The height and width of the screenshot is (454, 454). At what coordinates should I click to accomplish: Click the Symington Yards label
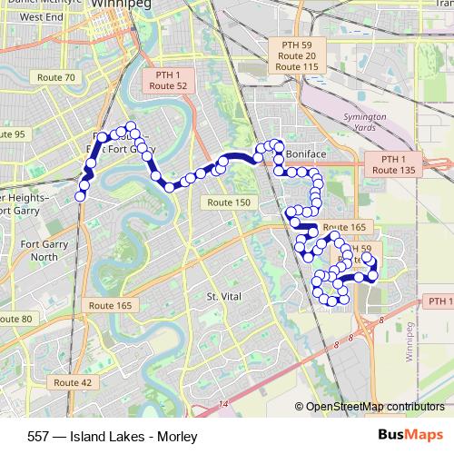click(366, 123)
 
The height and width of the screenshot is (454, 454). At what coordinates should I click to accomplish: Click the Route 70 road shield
click(57, 78)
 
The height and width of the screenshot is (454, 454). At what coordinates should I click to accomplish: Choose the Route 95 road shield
click(13, 134)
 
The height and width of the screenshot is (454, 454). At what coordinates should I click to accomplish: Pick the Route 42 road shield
click(73, 383)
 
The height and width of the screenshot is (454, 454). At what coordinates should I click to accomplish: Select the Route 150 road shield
click(228, 202)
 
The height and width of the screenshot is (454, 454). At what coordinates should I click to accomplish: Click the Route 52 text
click(168, 85)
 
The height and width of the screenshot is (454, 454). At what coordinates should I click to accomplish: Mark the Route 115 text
click(297, 68)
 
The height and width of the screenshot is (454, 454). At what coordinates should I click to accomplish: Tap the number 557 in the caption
click(40, 437)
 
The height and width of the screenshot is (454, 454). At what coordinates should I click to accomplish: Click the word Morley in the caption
click(177, 437)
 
